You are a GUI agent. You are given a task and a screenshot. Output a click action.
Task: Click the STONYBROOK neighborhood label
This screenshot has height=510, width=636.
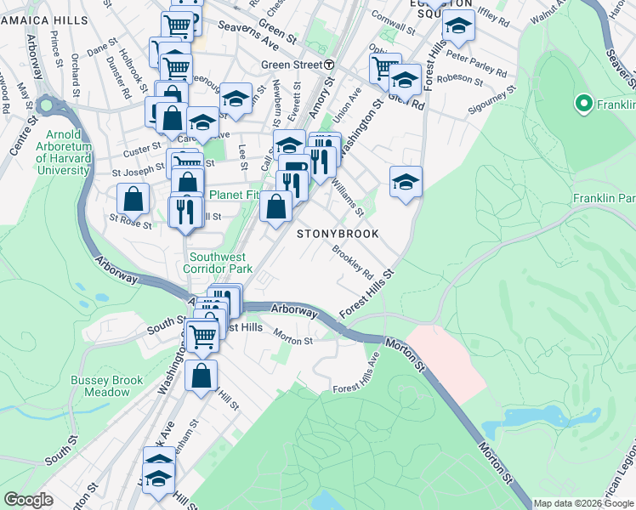coord(337,233)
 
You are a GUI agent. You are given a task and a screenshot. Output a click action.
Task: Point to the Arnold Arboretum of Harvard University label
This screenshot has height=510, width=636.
coord(64,152)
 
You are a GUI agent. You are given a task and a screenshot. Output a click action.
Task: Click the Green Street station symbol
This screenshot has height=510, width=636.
coord(328,65)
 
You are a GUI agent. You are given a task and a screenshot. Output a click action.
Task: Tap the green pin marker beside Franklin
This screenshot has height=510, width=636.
coord(584,105)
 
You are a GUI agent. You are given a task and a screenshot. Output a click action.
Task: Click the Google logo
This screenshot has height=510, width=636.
coord(28,500)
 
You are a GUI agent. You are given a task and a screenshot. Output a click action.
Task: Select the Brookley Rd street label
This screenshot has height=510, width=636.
coord(353,263)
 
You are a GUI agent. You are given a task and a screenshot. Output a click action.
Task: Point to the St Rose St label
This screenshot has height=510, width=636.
coord(130,224)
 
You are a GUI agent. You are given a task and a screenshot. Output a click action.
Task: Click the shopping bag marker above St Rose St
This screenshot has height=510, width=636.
coord(133,199)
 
